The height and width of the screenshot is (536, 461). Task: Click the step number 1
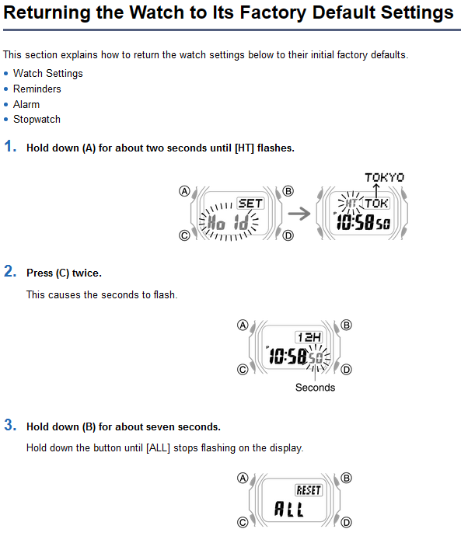(x=10, y=146)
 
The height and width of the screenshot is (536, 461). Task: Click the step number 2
(x=10, y=271)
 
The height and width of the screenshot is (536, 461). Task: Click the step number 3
(x=10, y=425)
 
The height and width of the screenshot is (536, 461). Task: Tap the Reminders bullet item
(x=37, y=89)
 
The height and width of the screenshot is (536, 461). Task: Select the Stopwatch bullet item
(x=37, y=120)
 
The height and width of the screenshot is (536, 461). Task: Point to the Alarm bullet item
(x=26, y=104)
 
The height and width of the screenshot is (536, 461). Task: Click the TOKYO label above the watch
(x=384, y=177)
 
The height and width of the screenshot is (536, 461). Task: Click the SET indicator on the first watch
(x=250, y=204)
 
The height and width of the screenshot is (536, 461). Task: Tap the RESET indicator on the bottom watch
(x=309, y=490)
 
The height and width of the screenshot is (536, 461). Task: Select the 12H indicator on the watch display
(x=309, y=337)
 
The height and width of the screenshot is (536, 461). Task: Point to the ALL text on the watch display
(x=289, y=509)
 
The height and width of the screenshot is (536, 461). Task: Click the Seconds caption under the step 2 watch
(x=316, y=388)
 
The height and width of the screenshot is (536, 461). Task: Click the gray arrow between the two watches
(x=299, y=214)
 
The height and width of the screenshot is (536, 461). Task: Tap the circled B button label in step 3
(x=347, y=478)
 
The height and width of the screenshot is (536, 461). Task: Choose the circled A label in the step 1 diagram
(x=185, y=191)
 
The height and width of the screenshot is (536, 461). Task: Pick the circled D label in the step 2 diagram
(x=347, y=370)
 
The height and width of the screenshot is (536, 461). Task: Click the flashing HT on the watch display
(x=351, y=204)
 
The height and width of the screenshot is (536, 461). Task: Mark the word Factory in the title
(x=273, y=12)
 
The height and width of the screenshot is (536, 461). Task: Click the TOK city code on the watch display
(x=376, y=204)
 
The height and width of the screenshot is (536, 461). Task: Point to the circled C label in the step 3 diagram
(x=243, y=522)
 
